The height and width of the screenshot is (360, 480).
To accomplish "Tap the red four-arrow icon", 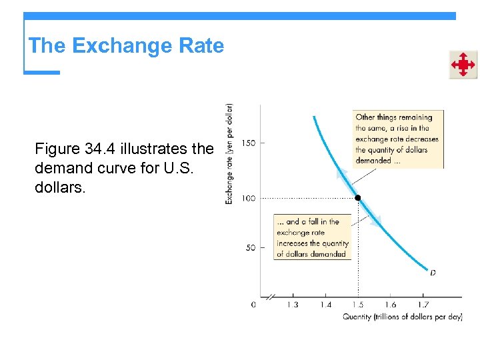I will pos(462,65).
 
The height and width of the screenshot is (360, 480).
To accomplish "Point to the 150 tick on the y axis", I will pos(248,143).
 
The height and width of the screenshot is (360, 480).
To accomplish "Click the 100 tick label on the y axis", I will pos(248,199).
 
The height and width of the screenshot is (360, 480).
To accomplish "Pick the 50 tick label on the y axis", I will pos(250,248).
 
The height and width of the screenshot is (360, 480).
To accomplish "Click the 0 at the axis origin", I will pos(253,305).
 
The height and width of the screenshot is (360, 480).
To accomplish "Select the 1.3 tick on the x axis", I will pos(292,305).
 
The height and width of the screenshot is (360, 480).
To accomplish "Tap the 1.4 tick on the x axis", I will pos(325,305).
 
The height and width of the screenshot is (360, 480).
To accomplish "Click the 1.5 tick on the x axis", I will pos(357,305).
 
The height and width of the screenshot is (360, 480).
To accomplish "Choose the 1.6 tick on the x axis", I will pos(390,305).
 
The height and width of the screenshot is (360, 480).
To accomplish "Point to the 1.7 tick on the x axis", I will pos(423,305).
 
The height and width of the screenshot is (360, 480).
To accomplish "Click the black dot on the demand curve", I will pos(357,199).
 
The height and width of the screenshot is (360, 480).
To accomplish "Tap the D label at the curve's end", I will pos(433,272).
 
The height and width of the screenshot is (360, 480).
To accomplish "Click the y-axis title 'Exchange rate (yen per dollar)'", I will pos(229,153).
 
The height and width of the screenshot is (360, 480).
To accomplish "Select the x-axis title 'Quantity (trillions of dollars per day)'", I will pos(402,317).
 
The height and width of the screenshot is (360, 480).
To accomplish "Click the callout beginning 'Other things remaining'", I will pos(398,139).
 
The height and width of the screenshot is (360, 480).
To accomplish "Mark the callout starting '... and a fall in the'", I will pos(312,237).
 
